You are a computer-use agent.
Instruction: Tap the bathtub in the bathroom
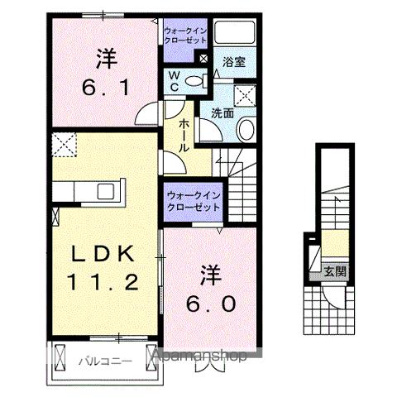(x=237, y=34)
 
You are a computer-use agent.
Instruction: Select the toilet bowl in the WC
(x=194, y=80)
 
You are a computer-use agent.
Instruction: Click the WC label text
(x=175, y=81)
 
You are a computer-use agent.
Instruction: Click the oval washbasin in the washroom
(x=246, y=128)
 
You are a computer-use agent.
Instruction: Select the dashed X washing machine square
(x=246, y=93)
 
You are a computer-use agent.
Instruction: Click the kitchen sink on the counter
(x=105, y=191)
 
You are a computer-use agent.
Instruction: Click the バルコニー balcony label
(x=103, y=361)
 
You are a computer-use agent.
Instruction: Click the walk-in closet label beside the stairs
(x=193, y=201)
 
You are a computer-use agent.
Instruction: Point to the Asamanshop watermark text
(x=198, y=356)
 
